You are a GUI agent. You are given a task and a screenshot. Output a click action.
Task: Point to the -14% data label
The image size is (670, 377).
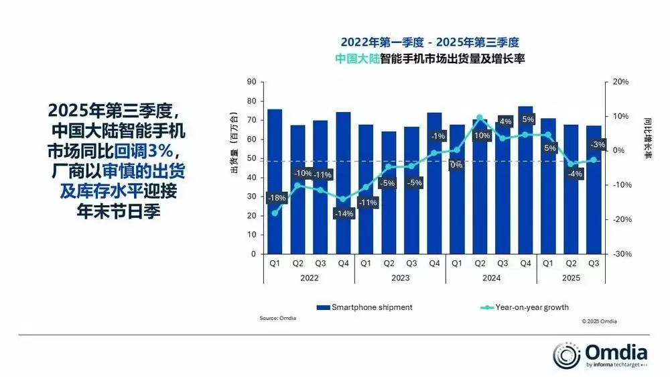pos(344,213)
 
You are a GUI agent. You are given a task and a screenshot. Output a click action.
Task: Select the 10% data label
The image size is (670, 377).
pos(480,136)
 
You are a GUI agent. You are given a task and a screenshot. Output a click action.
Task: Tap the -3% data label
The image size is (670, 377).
pos(597,144)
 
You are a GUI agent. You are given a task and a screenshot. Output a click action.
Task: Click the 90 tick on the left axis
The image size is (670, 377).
pos(252,82)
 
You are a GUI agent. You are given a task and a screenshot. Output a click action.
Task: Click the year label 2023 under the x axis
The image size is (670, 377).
pos(401,277)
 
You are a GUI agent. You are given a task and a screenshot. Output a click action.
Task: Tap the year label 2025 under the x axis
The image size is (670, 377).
pos(571,277)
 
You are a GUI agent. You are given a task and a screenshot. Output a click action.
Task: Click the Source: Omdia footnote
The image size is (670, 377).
pos(277,318)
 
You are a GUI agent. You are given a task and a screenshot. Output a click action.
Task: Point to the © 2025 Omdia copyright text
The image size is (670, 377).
pos(599,321)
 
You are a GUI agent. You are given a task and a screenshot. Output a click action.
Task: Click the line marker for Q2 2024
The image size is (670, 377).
pos(480,117)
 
